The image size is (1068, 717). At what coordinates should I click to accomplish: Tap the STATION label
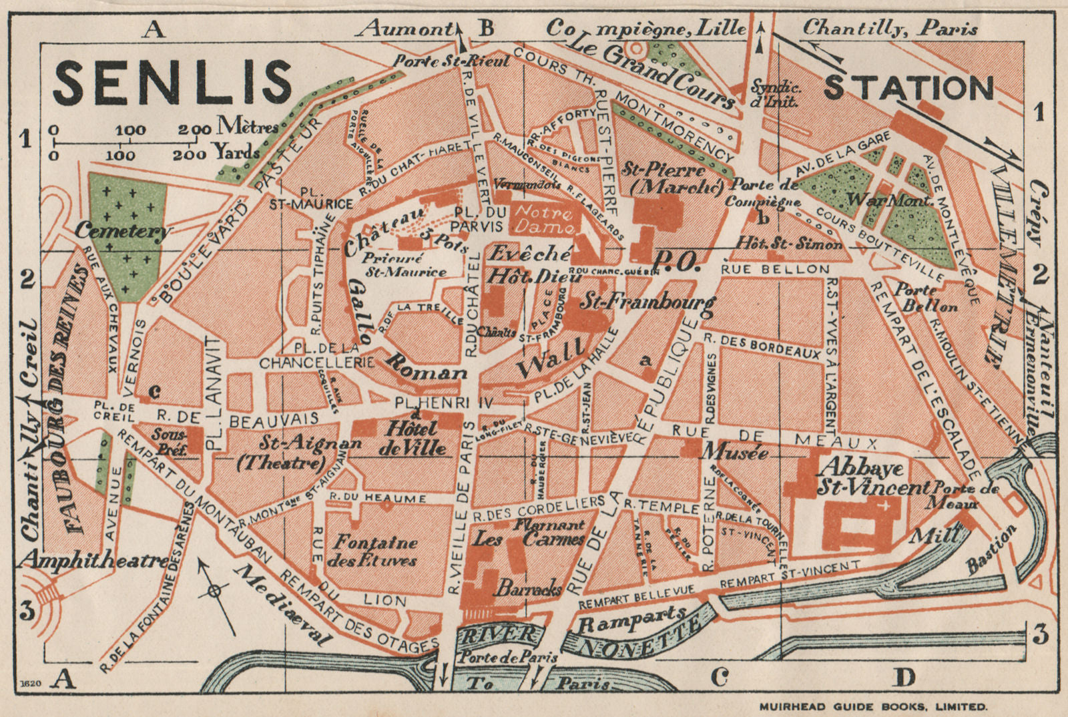909,87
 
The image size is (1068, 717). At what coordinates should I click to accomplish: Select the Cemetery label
122,231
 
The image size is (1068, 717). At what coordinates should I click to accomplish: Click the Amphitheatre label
93,559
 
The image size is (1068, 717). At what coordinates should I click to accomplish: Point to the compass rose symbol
214,590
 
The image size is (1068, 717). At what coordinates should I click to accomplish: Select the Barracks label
527,589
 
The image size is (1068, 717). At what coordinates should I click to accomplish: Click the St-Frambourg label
646,302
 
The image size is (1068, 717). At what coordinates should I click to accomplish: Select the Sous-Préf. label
169,441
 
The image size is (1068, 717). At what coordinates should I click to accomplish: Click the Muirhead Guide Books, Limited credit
873,706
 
